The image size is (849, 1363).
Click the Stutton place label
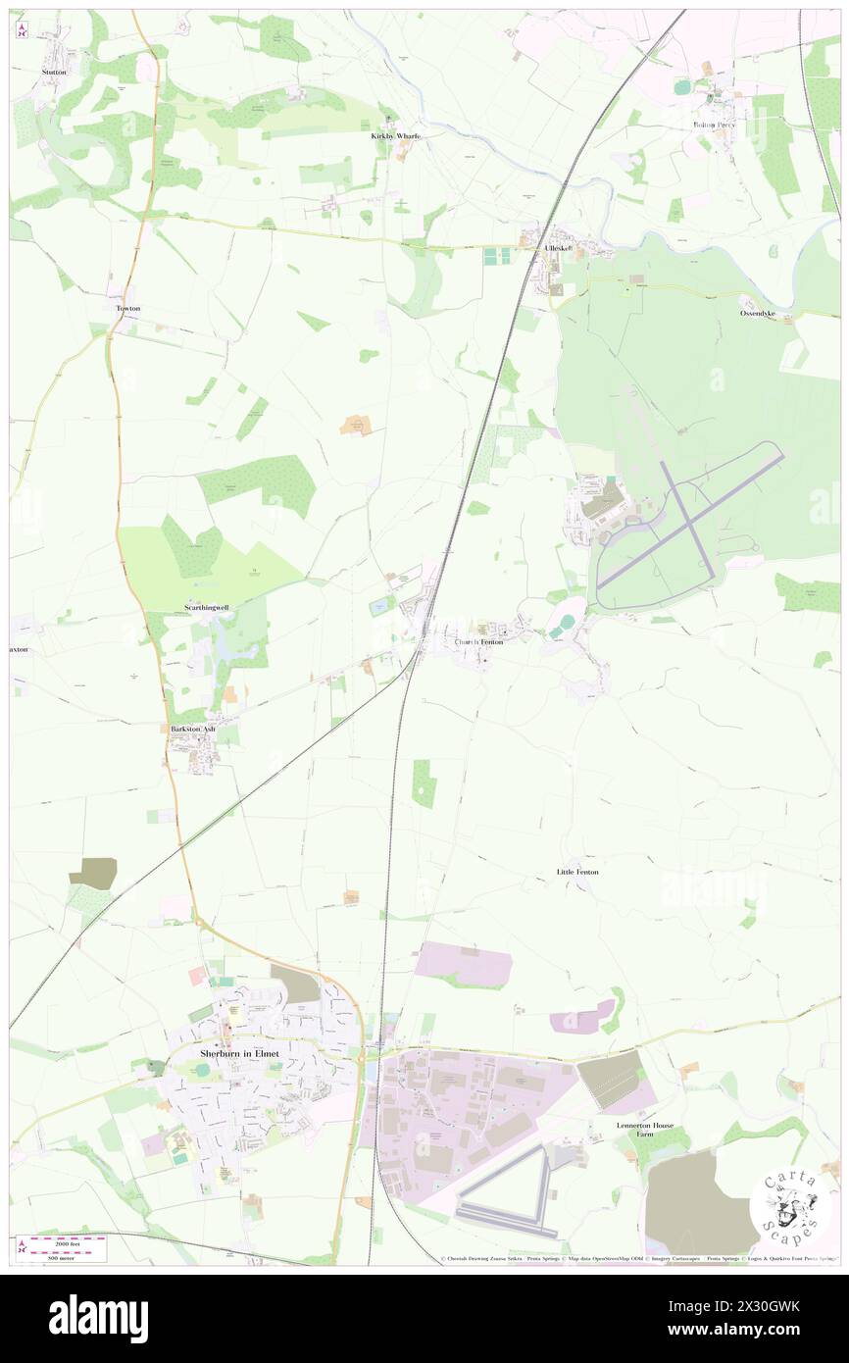coord(52,72)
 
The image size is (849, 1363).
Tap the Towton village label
coord(128,308)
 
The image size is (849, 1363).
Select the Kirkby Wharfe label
coord(395,136)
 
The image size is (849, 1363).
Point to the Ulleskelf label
coord(558,249)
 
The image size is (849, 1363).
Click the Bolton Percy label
coord(714,125)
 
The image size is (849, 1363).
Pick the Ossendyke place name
coord(757,313)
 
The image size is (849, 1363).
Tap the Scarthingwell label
coord(207,608)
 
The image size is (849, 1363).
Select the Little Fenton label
coord(577,872)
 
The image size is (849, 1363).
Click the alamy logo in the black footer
coord(98,1318)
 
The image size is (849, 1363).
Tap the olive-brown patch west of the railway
coord(93,872)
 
